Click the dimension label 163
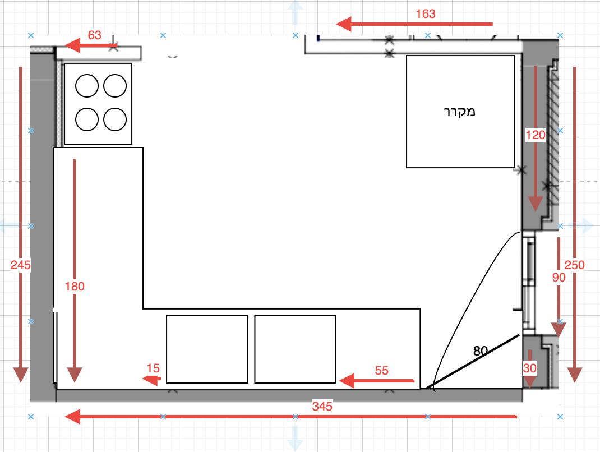point(426,14)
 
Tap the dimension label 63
point(95,35)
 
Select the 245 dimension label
point(20,265)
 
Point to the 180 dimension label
point(75,286)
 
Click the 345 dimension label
point(322,406)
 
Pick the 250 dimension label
point(574,265)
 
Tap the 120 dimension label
point(536,135)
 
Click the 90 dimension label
point(559,278)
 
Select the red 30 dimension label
point(529,368)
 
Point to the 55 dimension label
point(381,371)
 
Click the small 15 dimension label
point(153,368)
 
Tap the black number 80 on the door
point(480,350)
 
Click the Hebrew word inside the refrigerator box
point(460,112)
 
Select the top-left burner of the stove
point(87,86)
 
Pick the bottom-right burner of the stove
point(115,119)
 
